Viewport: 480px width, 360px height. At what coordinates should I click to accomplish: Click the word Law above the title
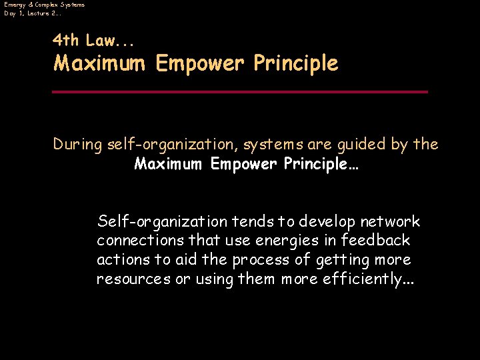100,40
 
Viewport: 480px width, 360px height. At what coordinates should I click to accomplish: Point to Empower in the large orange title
197,64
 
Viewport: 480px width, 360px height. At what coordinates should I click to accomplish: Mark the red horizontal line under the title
240,91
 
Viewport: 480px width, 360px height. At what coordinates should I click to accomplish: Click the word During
78,144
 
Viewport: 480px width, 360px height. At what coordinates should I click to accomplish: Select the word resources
133,279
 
